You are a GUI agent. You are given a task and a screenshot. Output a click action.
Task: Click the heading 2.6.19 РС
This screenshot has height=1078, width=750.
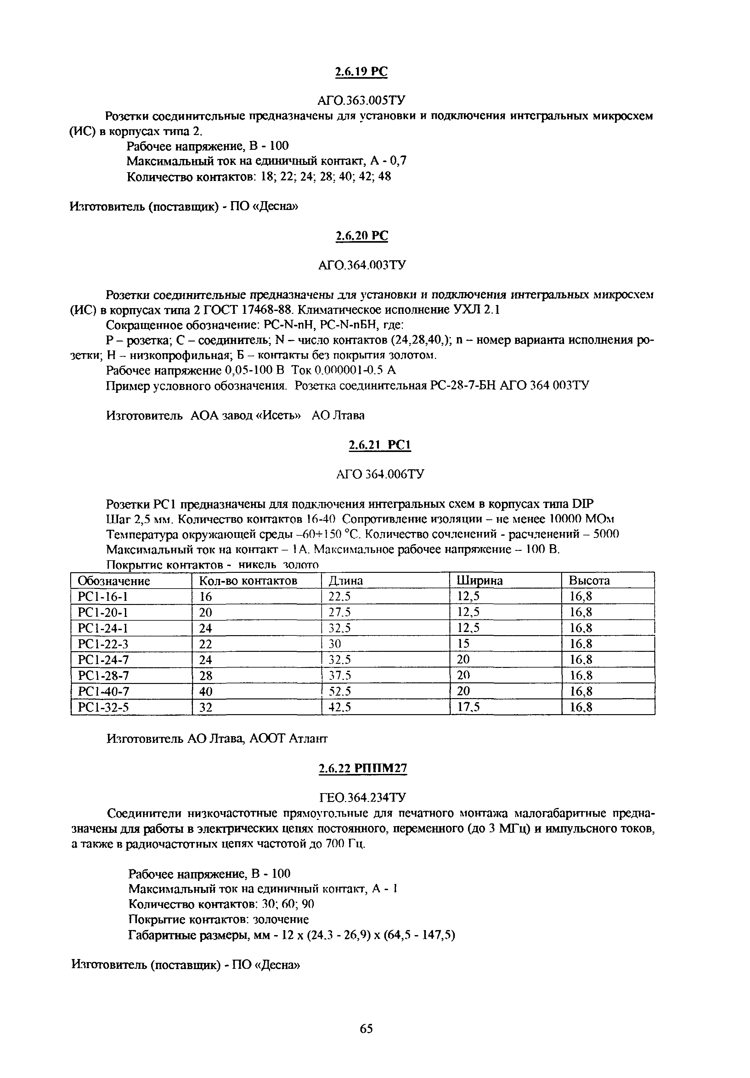tap(361, 71)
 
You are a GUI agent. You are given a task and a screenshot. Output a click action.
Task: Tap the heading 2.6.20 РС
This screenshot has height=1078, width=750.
tap(361, 236)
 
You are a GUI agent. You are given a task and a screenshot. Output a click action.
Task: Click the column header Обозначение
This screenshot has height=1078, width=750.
tap(114, 581)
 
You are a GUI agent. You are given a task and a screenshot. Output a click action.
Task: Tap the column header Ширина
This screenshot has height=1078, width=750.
tap(480, 581)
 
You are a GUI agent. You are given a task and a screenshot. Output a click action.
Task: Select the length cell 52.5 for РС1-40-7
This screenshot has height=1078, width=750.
tap(340, 691)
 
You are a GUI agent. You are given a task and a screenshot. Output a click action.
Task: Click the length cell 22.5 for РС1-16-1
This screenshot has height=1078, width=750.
tap(340, 596)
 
